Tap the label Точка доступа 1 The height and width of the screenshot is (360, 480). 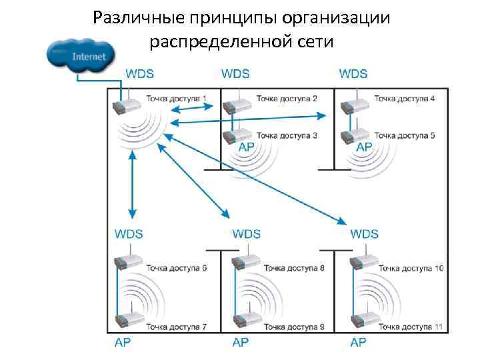[x=176, y=99]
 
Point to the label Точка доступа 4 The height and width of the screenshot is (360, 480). [x=405, y=99]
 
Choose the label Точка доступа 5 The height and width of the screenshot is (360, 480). [x=405, y=135]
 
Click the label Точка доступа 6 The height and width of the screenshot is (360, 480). [x=176, y=269]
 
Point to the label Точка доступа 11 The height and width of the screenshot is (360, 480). [x=411, y=327]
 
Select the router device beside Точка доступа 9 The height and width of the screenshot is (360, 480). [x=244, y=323]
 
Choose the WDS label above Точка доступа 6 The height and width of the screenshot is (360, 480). [x=129, y=234]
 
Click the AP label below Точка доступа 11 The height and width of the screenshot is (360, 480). [x=358, y=342]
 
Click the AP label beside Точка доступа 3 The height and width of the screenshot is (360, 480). [x=244, y=147]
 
